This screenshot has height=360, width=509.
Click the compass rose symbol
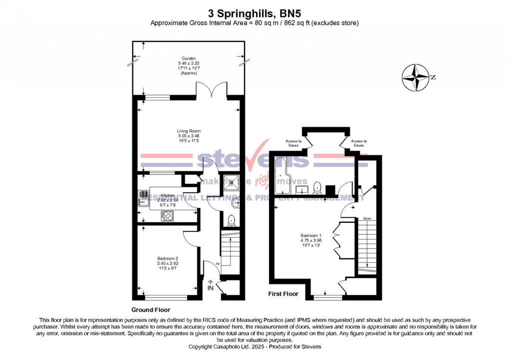[x=416, y=78]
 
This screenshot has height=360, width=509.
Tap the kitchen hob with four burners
[x=167, y=215]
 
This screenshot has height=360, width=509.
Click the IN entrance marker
[x=210, y=288]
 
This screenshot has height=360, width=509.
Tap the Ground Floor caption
[x=148, y=310]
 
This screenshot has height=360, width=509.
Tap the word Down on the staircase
[x=367, y=218]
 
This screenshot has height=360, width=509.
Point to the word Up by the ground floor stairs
[x=218, y=263]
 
